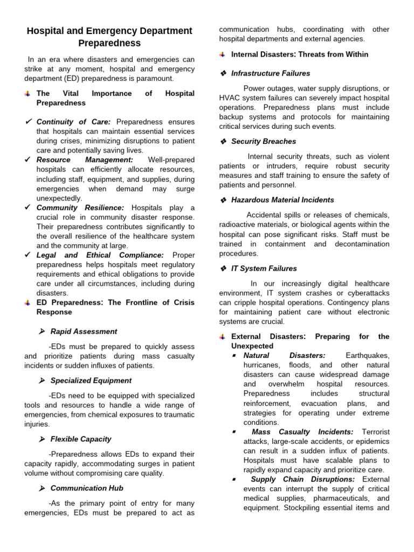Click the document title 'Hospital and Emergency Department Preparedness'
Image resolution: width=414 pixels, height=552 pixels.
click(x=109, y=37)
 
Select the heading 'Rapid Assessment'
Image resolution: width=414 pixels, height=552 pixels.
click(x=84, y=332)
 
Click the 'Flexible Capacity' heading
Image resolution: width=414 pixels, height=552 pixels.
click(x=81, y=439)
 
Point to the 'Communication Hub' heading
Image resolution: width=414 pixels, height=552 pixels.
click(x=87, y=488)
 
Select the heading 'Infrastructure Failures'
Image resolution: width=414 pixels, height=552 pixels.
click(x=271, y=73)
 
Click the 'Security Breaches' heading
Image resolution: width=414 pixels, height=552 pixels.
click(x=264, y=141)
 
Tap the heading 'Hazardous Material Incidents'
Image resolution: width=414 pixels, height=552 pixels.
click(x=282, y=200)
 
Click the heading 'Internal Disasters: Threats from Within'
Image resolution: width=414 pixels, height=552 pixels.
click(x=300, y=54)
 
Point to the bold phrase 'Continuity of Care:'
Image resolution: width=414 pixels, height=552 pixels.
click(x=74, y=122)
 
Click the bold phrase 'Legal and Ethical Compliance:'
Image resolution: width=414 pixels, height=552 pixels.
click(x=100, y=255)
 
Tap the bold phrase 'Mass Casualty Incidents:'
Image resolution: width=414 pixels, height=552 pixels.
click(x=302, y=432)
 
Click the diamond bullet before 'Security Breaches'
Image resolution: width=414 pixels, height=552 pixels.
click(x=223, y=141)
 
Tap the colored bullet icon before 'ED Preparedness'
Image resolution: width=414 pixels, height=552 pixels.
click(x=27, y=303)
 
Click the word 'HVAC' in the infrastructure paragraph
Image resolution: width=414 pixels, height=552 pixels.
click(x=230, y=98)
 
